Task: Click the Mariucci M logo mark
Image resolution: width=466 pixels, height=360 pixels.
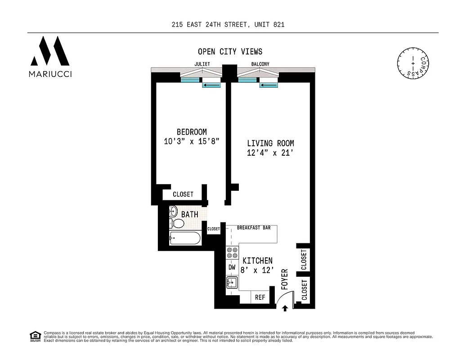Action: click(49, 50)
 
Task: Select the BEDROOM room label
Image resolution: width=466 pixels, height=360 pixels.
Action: click(192, 132)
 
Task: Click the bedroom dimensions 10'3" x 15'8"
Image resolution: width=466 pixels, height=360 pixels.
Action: click(192, 141)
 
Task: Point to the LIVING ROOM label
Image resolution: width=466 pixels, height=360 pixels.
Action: click(270, 144)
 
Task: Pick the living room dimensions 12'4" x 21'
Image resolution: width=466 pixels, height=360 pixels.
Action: click(270, 153)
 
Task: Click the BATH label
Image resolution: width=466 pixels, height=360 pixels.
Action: click(189, 215)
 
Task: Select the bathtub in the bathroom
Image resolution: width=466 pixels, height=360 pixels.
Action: click(185, 238)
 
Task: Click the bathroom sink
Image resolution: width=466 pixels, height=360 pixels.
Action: click(173, 211)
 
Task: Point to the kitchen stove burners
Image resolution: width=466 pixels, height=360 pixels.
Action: click(232, 253)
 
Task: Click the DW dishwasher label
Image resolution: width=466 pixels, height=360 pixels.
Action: click(232, 267)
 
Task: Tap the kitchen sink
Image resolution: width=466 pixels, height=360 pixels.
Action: click(232, 283)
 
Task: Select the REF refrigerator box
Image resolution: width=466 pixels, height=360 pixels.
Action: click(260, 297)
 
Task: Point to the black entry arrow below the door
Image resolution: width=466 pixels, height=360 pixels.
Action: click(285, 308)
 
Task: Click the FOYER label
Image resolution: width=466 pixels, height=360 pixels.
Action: click(284, 279)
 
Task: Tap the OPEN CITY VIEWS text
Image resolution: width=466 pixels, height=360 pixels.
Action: click(230, 52)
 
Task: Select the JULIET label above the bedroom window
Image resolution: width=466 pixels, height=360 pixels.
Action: click(202, 64)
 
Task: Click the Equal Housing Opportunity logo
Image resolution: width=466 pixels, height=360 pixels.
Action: click(35, 336)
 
